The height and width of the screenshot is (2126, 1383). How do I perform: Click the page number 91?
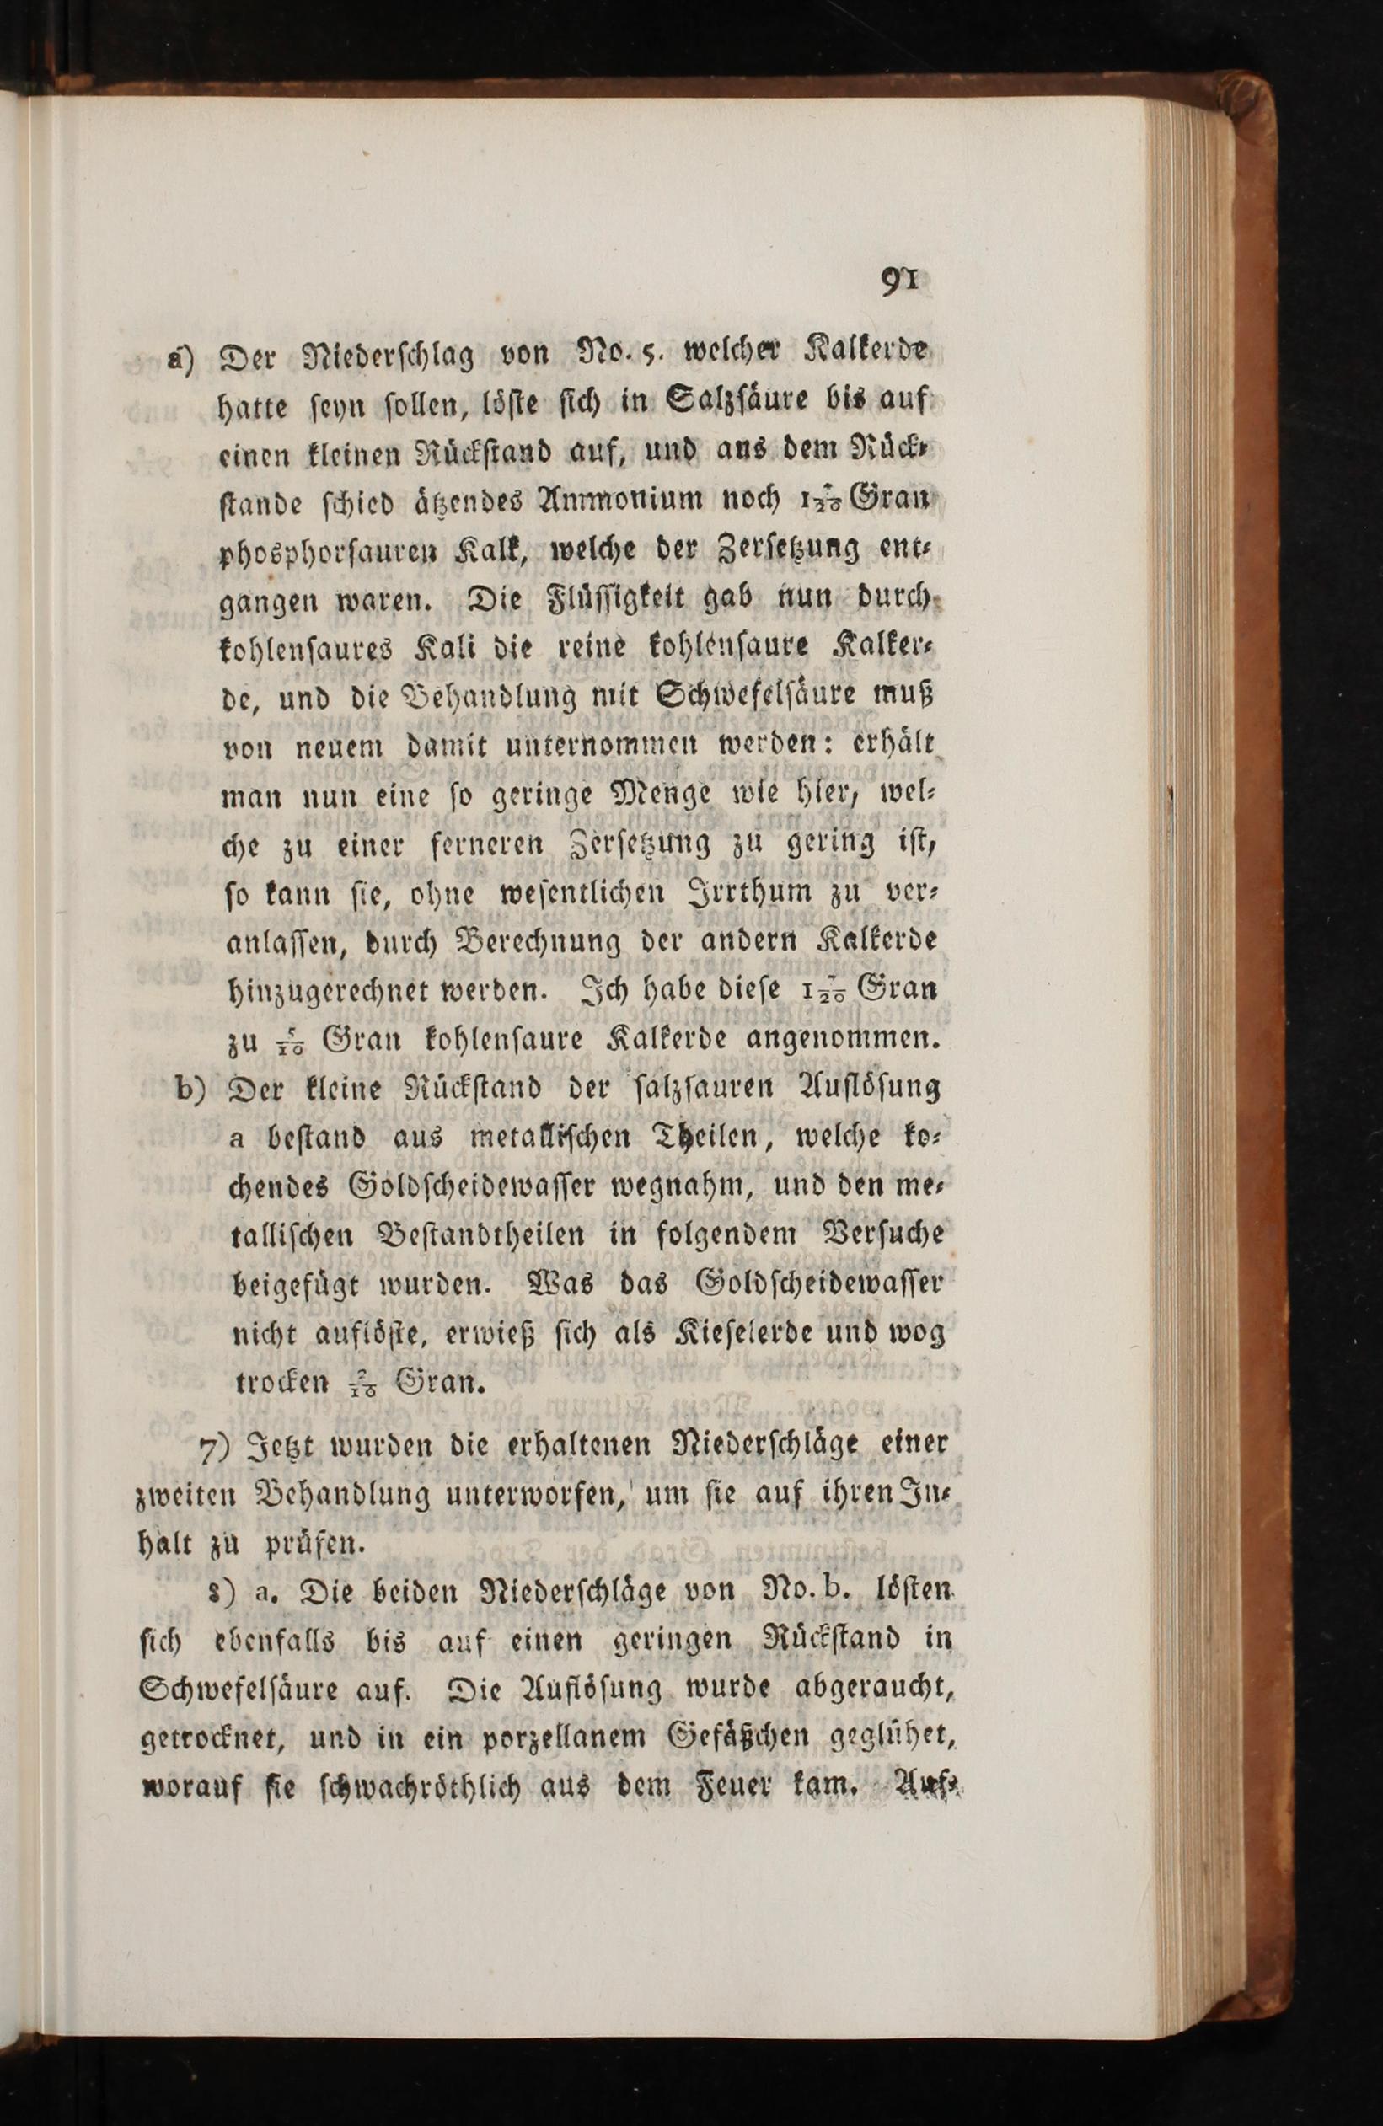[x=904, y=282]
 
